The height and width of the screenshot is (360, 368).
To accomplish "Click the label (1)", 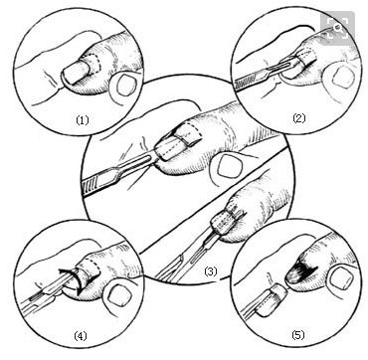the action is point(83,120).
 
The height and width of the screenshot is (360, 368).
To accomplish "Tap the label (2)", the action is point(299,118).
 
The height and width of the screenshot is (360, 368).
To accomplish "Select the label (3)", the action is point(211,272).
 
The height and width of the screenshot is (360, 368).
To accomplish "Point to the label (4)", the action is point(81,336).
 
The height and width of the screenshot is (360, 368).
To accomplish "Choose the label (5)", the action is point(297,335).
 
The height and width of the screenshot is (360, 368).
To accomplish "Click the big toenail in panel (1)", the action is point(77,72).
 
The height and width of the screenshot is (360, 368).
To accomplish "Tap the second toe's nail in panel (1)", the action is point(125,86).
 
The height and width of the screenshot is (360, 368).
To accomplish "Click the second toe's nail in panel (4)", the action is point(115,295).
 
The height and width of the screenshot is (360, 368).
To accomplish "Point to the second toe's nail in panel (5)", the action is point(338,277).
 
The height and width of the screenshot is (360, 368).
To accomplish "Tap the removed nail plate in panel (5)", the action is point(271,300).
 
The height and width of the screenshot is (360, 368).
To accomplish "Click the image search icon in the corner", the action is point(338,28).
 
